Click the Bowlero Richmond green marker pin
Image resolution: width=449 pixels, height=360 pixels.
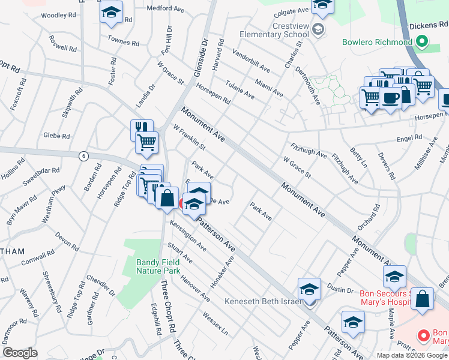pos(421,43)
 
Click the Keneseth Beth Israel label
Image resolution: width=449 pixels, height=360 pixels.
pos(262,301)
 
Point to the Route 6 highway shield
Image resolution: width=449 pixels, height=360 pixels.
pos(83,155)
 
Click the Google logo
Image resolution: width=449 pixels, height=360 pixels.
pos(20,353)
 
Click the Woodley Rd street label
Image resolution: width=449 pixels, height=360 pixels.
pos(59,14)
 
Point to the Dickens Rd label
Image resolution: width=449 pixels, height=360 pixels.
pos(427,26)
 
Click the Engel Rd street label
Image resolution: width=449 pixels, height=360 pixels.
pos(411,139)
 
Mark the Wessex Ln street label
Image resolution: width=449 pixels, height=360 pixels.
pos(216,323)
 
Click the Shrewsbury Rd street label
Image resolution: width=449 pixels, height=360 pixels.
pos(50,293)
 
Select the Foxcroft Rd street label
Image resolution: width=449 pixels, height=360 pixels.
pos(19,93)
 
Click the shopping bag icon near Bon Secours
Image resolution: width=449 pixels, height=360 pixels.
pos(423,299)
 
